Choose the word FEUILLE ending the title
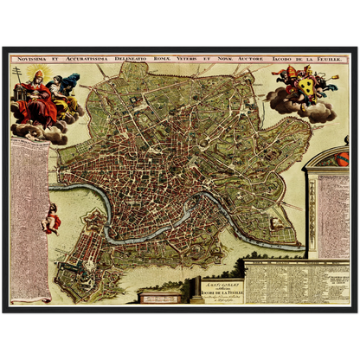coord(336,60)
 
